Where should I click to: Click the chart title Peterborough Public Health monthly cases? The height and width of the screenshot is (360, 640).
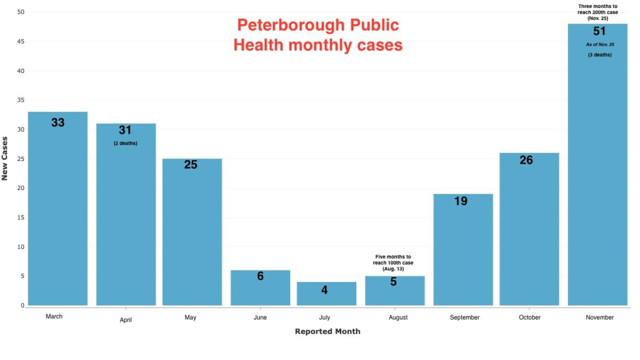[x=318, y=35]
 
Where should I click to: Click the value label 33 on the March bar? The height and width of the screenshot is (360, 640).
[x=58, y=123]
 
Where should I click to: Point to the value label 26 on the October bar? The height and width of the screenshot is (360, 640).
[x=526, y=160]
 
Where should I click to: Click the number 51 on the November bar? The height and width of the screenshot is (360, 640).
[x=599, y=31]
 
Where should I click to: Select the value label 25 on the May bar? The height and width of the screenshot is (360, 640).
[x=191, y=165]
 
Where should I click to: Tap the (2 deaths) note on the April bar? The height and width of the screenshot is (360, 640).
[x=125, y=143]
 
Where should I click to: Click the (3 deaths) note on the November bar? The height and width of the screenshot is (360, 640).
[x=599, y=55]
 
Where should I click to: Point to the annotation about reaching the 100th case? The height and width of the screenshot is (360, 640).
[x=393, y=263]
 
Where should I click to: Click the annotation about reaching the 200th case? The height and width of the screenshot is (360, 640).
[x=597, y=12]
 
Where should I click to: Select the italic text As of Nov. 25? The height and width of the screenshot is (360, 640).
[x=599, y=44]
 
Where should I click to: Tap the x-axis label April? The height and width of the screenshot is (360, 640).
[x=125, y=320]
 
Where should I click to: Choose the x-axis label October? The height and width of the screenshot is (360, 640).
[x=529, y=317]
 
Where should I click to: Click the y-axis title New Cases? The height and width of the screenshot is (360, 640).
[x=5, y=158]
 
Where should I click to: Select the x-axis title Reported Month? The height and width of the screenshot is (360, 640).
[x=327, y=332]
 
